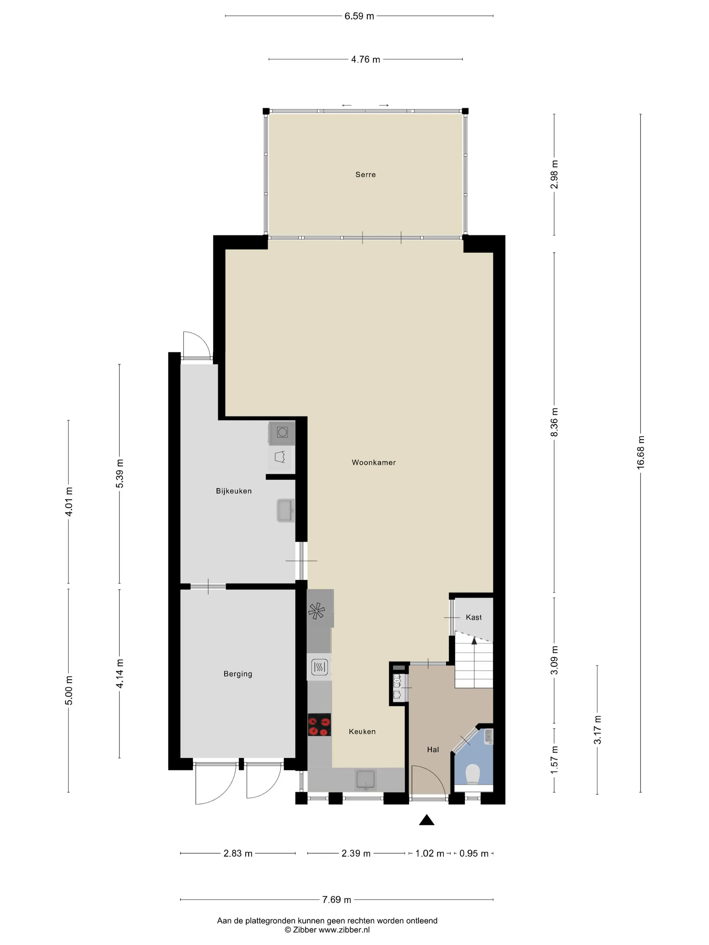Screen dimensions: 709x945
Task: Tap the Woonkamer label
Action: pos(373,462)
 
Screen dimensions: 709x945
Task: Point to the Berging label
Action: pos(238,674)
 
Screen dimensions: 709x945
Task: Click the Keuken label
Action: pos(362,731)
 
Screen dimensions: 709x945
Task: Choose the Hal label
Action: pos(433,749)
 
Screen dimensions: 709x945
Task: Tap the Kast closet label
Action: pos(474,617)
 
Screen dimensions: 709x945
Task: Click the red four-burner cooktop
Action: pos(319,725)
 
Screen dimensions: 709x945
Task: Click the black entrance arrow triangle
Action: pos(426,820)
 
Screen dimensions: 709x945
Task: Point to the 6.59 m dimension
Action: pos(359,16)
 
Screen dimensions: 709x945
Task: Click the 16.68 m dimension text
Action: pos(640,453)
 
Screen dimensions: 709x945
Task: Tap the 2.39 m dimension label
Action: pos(356,853)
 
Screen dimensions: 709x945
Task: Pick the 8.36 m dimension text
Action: pos(554,422)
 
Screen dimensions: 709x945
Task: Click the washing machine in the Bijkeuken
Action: pos(282,433)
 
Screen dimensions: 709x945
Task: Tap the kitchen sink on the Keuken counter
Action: pos(365,780)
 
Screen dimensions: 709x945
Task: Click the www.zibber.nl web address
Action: pos(344,929)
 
